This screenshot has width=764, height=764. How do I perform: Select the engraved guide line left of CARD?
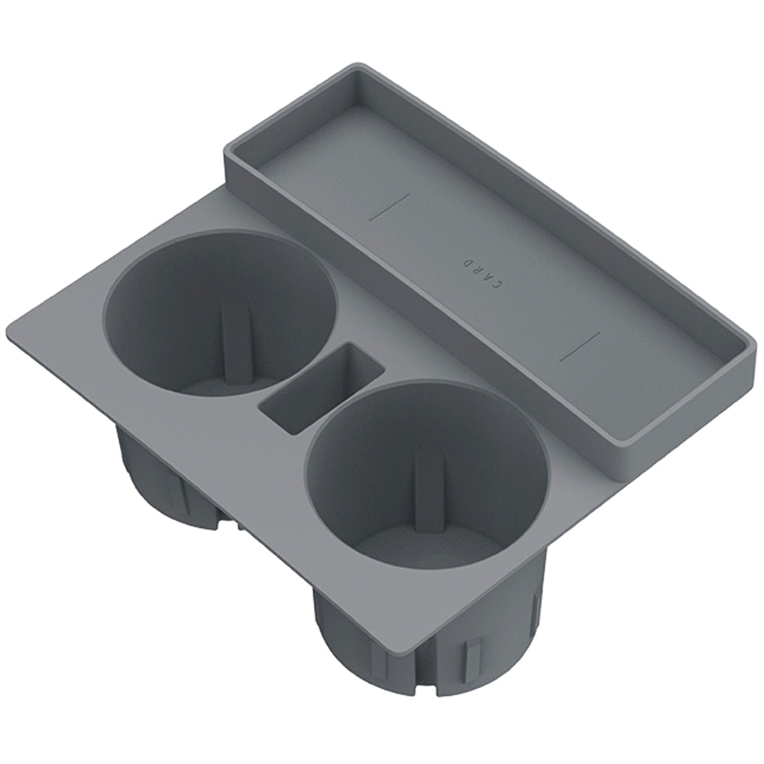pyautogui.click(x=389, y=206)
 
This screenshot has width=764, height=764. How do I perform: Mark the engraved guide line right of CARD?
pyautogui.click(x=579, y=346)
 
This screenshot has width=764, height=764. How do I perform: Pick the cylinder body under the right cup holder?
pyautogui.click(x=359, y=649)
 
